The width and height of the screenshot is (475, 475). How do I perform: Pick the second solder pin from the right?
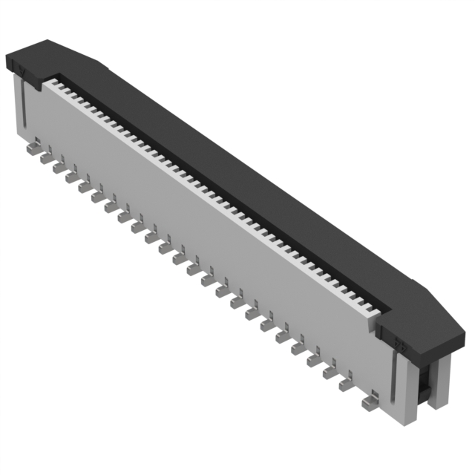tap(347, 385)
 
